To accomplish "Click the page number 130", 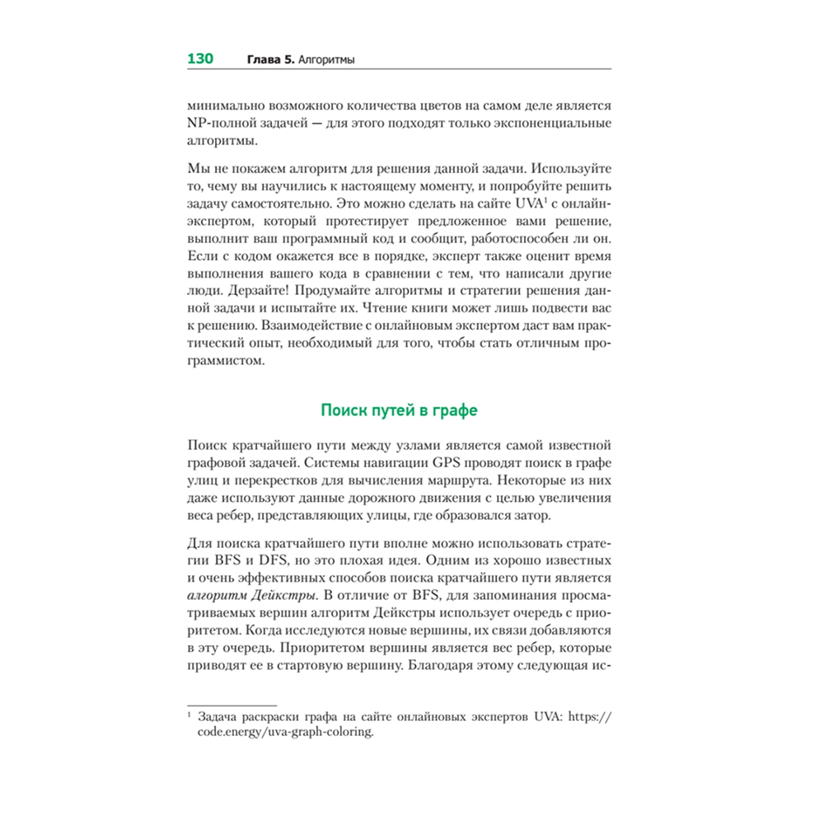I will pos(200,59).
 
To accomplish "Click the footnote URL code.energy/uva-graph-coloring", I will pos(285,732).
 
